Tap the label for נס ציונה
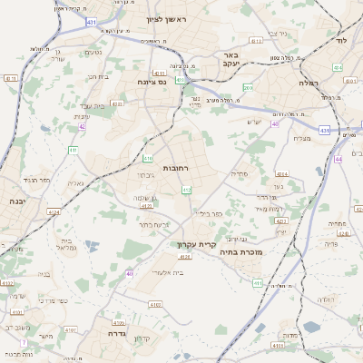coord(151,82)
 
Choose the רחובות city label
coord(175,169)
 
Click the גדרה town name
coord(116,333)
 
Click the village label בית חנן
coord(98,76)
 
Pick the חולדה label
coord(326,299)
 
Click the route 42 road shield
coord(83,126)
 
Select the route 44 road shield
coord(338,159)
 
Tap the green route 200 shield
coord(248,87)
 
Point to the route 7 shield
coord(25,342)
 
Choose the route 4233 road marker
coord(117,104)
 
